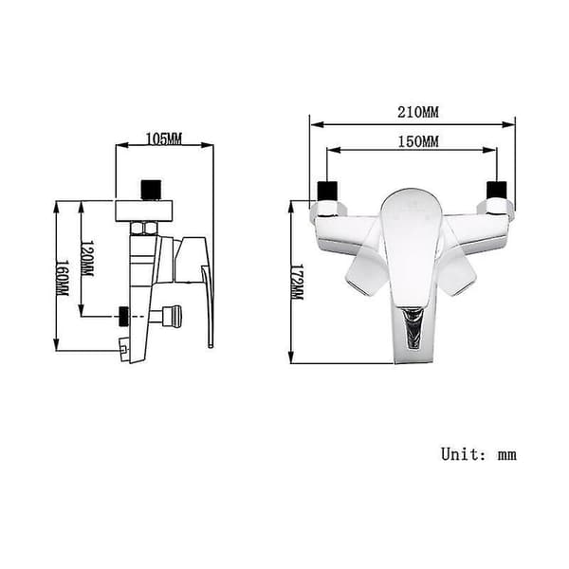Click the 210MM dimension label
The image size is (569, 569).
[418, 112]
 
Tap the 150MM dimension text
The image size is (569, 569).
[418, 141]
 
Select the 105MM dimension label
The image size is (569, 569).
[164, 138]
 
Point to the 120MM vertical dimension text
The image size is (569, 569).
[87, 258]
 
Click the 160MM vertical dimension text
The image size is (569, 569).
[62, 278]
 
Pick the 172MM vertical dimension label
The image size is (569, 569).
[298, 282]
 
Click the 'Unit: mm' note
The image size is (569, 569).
[479, 454]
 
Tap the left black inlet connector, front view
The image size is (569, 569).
[328, 191]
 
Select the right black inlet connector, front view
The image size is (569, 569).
[496, 191]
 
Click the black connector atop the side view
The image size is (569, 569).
[151, 190]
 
